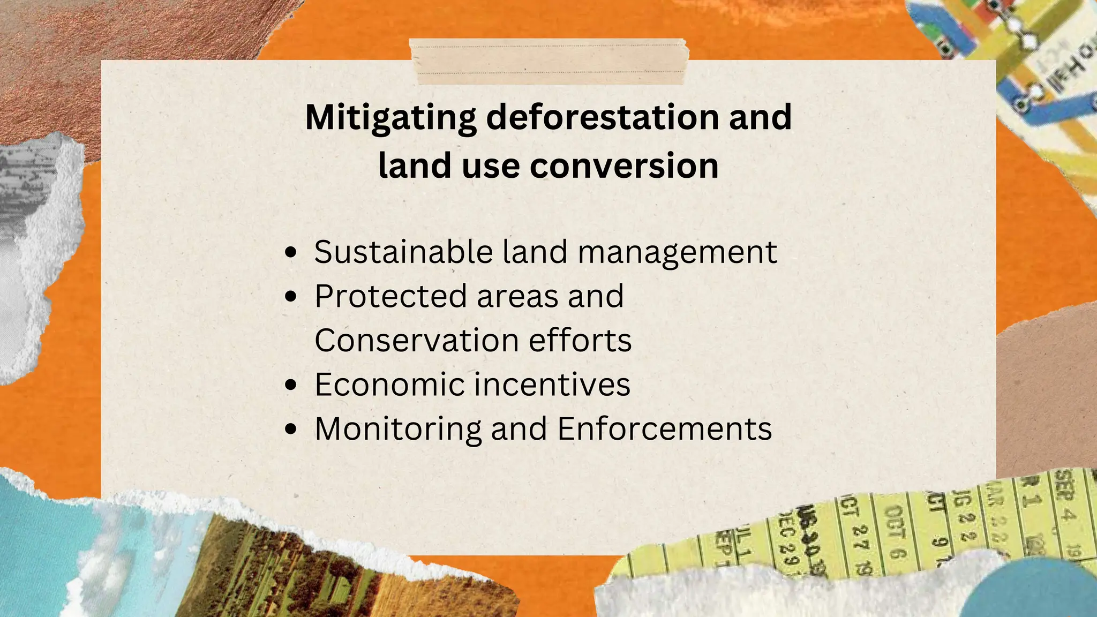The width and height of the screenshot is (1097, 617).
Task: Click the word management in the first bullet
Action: [x=678, y=253]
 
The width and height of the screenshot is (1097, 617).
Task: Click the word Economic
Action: [x=389, y=385]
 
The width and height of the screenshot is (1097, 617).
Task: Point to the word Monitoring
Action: [x=398, y=430]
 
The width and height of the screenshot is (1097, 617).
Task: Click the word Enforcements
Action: [x=665, y=429]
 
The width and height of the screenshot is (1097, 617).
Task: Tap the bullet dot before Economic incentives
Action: [x=291, y=385]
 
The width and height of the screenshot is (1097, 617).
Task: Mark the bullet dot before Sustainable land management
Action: [x=291, y=252]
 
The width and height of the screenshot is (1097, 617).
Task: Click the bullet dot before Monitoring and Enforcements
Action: [x=291, y=429]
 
